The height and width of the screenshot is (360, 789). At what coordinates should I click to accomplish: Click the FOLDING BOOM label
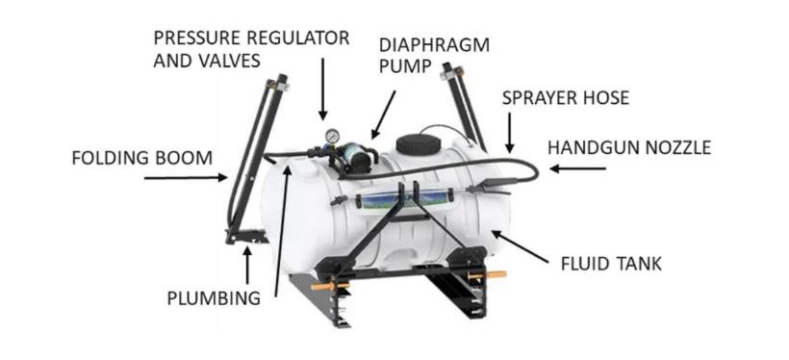coord(141,157)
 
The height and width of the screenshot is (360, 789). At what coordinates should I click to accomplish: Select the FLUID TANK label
coord(611,262)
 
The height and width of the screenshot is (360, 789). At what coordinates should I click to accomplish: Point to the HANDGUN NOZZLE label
coord(628,148)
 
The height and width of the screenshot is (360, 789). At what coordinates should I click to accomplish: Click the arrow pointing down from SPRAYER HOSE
coord(509,134)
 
